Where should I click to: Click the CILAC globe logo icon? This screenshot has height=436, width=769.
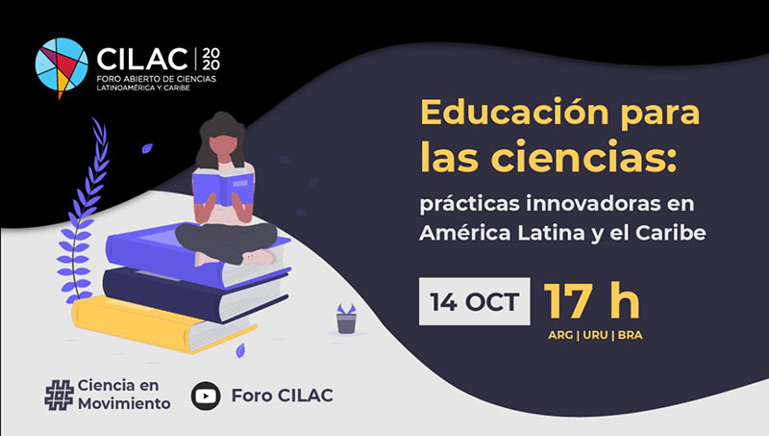(62, 66)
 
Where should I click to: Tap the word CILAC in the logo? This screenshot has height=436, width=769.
(142, 60)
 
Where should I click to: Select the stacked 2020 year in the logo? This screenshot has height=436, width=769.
(211, 59)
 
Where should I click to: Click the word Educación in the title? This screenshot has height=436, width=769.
(513, 113)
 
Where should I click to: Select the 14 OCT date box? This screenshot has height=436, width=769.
(474, 301)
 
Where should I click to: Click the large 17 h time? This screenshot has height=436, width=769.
(591, 300)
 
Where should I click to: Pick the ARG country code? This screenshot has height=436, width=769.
(560, 335)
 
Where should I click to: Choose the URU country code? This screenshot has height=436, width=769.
(595, 335)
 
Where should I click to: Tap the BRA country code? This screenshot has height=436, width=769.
(631, 335)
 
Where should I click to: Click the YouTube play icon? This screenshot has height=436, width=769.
(206, 396)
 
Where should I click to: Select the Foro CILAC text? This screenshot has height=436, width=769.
(282, 396)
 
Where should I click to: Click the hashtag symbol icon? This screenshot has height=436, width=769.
(60, 396)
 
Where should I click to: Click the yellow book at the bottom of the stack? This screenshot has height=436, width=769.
(161, 323)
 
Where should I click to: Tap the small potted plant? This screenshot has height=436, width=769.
(346, 319)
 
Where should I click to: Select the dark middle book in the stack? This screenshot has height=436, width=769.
(196, 294)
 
